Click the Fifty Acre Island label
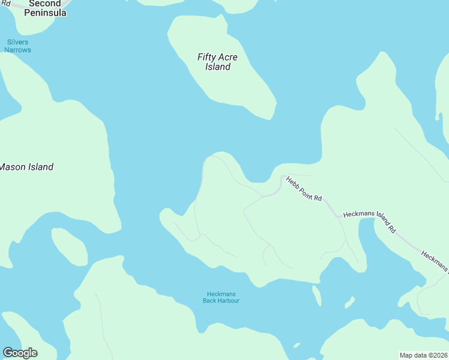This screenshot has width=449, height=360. tap(217, 62)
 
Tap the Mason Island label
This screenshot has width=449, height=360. tap(26, 167)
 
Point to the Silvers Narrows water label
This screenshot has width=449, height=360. tap(18, 46)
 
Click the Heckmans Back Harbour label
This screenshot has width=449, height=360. tap(221, 297)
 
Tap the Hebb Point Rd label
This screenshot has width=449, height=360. tap(304, 189)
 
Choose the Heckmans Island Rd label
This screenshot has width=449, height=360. tap(369, 221)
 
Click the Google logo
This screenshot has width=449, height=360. tap(20, 353)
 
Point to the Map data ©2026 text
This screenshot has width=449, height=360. tap(423, 355)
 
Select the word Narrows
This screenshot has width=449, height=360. tap(18, 50)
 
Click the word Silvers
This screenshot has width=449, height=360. tap(18, 42)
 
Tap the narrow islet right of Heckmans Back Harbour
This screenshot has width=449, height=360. tap(316, 295)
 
